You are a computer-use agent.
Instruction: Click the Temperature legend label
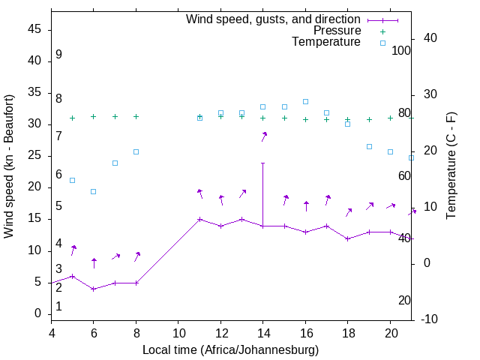(326, 43)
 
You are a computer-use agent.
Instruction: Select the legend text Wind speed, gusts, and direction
(274, 19)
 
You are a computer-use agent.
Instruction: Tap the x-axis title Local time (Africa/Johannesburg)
(230, 350)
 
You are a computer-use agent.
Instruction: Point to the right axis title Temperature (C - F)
(451, 166)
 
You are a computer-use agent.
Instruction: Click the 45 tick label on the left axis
(34, 29)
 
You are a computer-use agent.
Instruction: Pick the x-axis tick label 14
(262, 332)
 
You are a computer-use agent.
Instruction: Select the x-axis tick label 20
(390, 332)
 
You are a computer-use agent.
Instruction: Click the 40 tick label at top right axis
(424, 38)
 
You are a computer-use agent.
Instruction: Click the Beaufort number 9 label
(58, 55)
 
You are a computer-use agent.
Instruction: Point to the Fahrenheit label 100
(401, 50)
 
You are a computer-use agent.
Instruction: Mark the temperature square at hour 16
(305, 101)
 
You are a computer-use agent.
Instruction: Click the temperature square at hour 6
(94, 191)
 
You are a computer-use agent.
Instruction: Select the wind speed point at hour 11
(199, 220)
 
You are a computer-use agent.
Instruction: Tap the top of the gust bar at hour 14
(262, 163)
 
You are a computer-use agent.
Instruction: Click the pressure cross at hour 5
(72, 118)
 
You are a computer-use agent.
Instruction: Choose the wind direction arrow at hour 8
(137, 256)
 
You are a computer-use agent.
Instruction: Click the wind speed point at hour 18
(347, 238)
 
